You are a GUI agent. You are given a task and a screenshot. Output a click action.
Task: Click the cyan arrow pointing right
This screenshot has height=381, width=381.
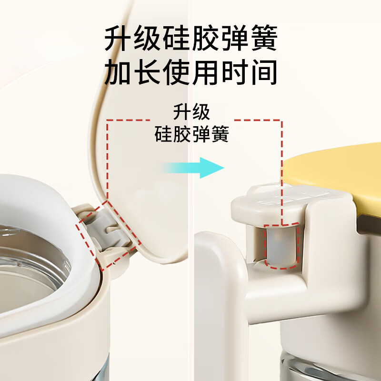[x=192, y=168]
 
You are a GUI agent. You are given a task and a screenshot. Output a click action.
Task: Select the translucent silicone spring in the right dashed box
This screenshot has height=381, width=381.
[x=281, y=245]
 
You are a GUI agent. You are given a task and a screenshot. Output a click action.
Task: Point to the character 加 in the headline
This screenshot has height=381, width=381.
[x=117, y=72]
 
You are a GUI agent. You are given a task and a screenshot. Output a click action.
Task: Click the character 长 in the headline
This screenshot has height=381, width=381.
[x=147, y=72]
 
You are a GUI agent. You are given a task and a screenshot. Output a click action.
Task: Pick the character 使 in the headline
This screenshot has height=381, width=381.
[x=176, y=72]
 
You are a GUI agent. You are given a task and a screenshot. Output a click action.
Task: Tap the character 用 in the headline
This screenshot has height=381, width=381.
[x=205, y=72]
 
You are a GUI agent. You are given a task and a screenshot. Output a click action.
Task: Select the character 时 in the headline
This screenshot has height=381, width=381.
[x=235, y=72]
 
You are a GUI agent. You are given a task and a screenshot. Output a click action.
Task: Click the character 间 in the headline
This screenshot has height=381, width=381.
[x=264, y=72]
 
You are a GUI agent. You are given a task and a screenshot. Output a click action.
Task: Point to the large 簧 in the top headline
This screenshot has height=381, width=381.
[x=264, y=38]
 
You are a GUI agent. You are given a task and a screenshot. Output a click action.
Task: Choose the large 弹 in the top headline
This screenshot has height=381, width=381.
[x=235, y=38]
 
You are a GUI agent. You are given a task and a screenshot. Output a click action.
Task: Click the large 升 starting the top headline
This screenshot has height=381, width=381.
[x=118, y=38]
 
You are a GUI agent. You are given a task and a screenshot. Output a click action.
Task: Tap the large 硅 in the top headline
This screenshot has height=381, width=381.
[x=176, y=38]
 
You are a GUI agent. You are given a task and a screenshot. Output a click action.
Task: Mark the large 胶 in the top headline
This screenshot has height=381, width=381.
[x=206, y=38]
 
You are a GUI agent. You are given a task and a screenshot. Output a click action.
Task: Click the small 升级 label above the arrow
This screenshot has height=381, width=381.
[x=191, y=112]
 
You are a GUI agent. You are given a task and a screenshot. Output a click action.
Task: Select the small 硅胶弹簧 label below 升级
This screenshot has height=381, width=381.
[x=192, y=134]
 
